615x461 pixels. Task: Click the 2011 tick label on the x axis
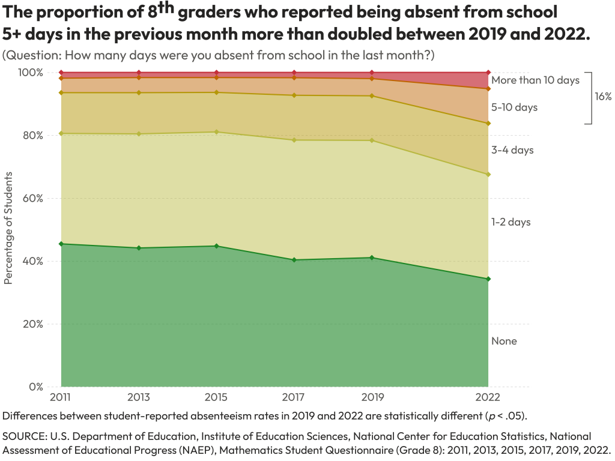point(61,397)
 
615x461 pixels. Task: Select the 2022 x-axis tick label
point(488,397)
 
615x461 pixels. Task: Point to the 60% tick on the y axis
point(33,198)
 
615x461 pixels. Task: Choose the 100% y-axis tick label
point(31,73)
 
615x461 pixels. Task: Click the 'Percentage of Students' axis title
point(8,227)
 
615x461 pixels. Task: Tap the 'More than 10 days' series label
point(535,80)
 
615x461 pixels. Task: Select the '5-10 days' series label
point(514,107)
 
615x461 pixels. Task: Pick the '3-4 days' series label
point(512,150)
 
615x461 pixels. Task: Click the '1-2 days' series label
point(510,222)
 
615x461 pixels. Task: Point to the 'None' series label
point(504,342)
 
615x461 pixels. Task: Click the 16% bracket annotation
point(603,97)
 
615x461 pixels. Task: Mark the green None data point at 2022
point(488,279)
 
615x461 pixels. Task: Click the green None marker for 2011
point(61,244)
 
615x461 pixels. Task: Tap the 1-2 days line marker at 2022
point(488,175)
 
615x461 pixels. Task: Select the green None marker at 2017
point(294,260)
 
